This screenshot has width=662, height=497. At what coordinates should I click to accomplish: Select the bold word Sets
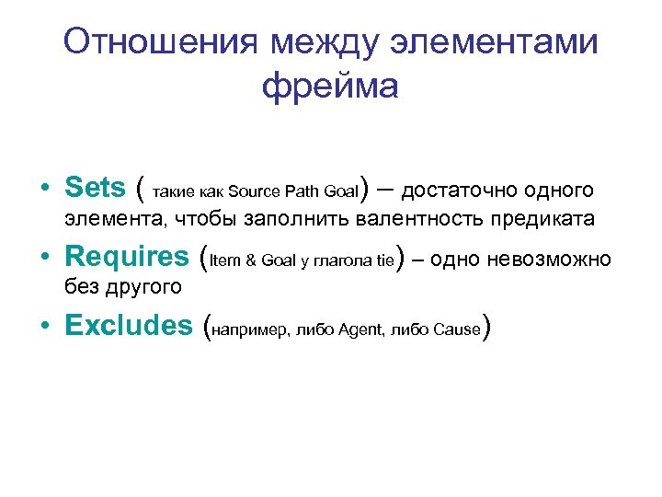tap(96, 188)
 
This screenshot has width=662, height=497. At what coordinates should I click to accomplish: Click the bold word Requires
tap(128, 256)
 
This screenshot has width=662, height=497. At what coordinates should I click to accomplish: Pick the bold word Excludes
tap(128, 325)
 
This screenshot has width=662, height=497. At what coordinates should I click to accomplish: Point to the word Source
tap(252, 192)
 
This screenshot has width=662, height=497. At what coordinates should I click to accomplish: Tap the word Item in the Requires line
tap(223, 260)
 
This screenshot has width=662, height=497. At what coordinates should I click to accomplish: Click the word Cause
tap(458, 329)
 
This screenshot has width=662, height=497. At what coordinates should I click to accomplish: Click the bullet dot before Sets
tap(45, 190)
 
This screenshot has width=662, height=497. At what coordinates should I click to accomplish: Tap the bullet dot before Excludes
tap(45, 327)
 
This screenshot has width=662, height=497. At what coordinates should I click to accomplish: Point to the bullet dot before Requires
tap(45, 258)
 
